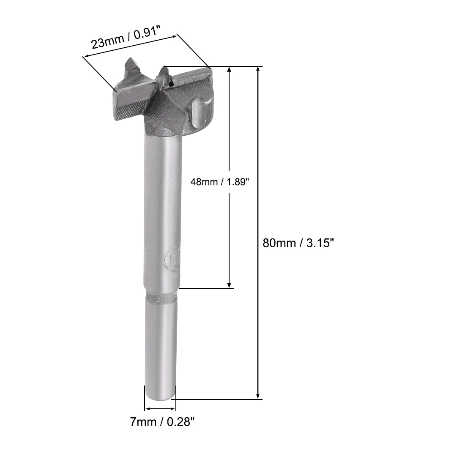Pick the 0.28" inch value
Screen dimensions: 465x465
pyautogui.click(x=181, y=421)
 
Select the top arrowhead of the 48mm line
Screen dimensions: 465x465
pyautogui.click(x=229, y=70)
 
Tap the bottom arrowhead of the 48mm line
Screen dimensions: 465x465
pyautogui.click(x=229, y=285)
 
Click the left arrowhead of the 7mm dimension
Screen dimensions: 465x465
pyautogui.click(x=148, y=409)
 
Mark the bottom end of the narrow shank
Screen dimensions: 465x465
pyautogui.click(x=160, y=395)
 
